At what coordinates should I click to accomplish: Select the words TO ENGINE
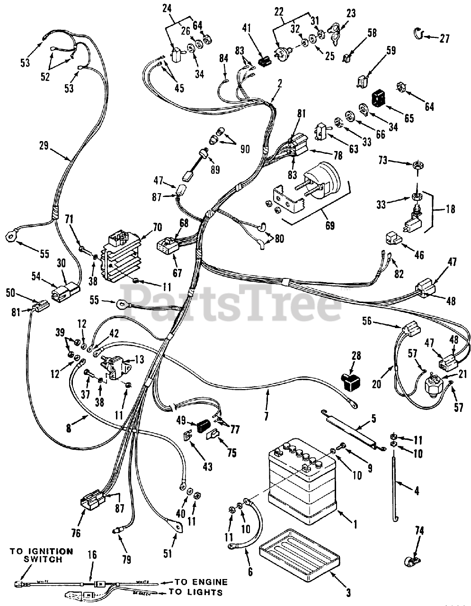click(x=201, y=582)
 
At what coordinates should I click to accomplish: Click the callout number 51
click(x=167, y=553)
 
